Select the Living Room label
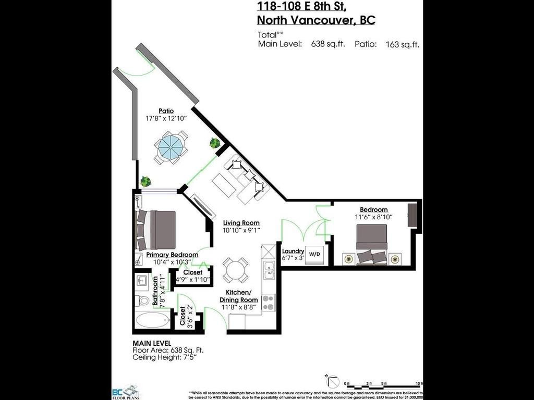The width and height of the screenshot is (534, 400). point(241,223)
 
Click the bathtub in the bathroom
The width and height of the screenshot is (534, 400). point(152,319)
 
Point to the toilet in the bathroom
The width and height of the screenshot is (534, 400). point(141,301)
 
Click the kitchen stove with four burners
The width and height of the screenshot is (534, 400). point(268,302)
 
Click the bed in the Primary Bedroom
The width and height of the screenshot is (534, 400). point(155,230)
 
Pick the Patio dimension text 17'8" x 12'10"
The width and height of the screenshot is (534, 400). point(166,118)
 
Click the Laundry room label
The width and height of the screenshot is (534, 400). point(293,251)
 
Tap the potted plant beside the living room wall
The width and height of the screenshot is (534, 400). point(214,143)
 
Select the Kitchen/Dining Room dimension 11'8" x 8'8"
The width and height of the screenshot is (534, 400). point(241,308)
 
